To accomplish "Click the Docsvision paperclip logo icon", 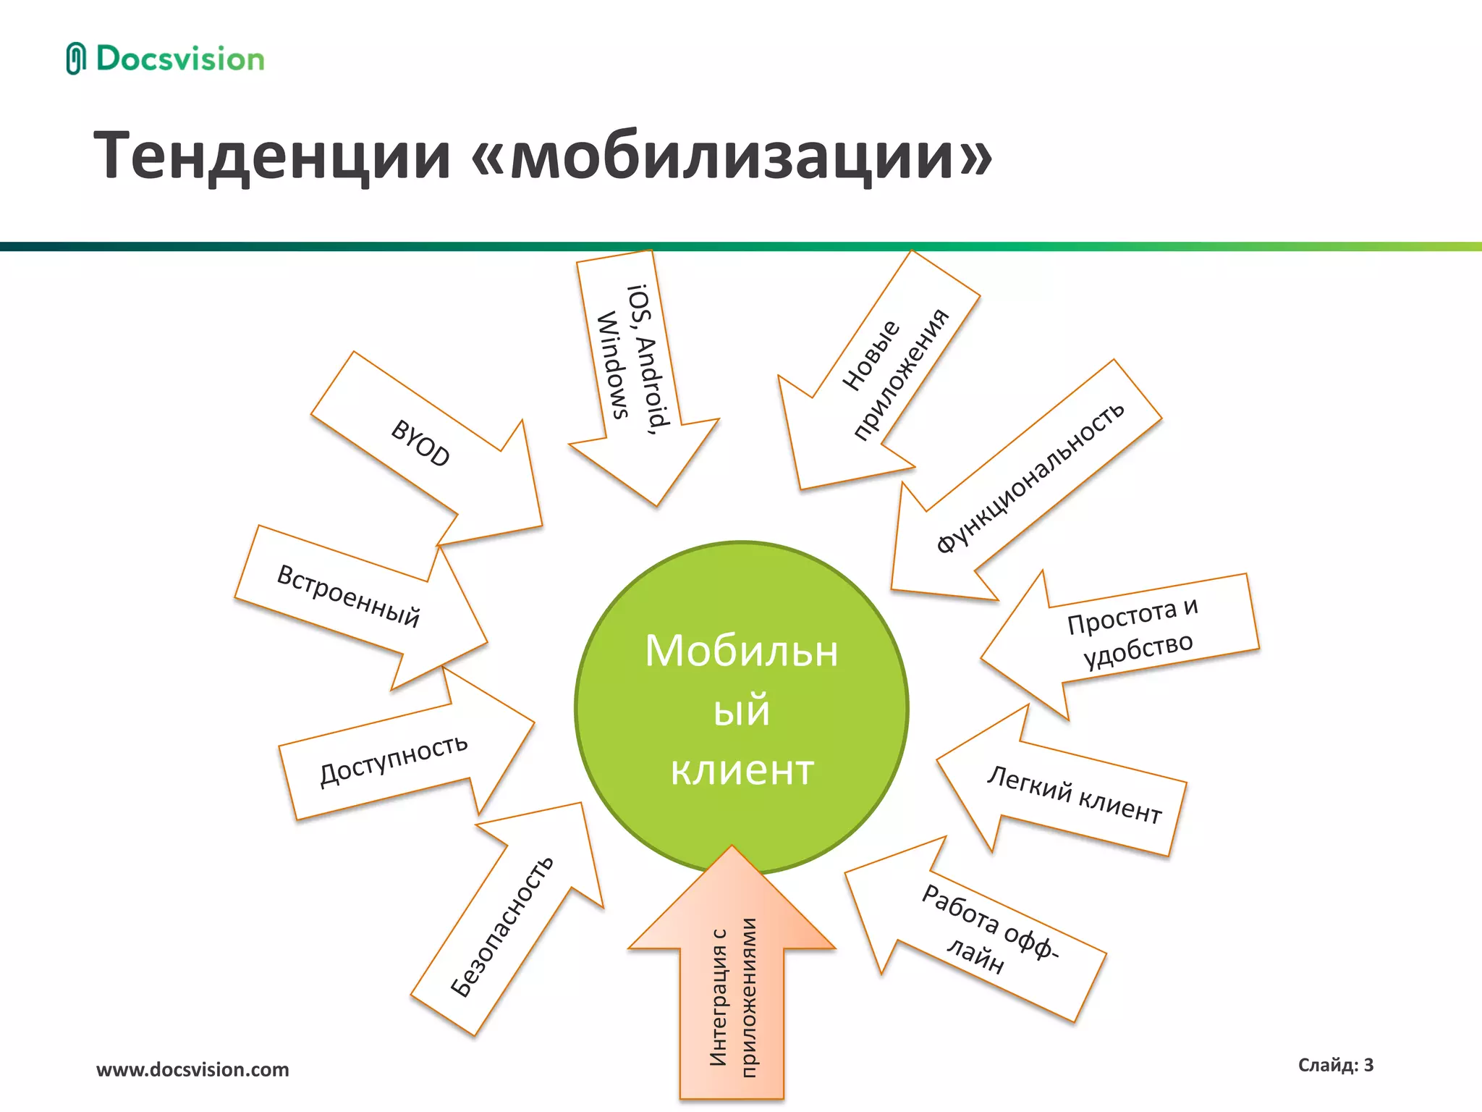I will [x=75, y=59].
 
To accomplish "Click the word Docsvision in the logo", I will [x=180, y=59].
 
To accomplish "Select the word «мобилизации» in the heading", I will [x=731, y=156].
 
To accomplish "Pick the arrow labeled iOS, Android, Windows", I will [x=637, y=369].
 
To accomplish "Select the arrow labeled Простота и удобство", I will [x=1129, y=637].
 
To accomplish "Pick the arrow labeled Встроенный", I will [x=355, y=601].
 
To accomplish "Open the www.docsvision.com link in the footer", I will [x=192, y=1069].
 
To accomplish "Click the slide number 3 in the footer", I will [x=1368, y=1065].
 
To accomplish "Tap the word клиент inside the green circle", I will [x=742, y=770].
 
